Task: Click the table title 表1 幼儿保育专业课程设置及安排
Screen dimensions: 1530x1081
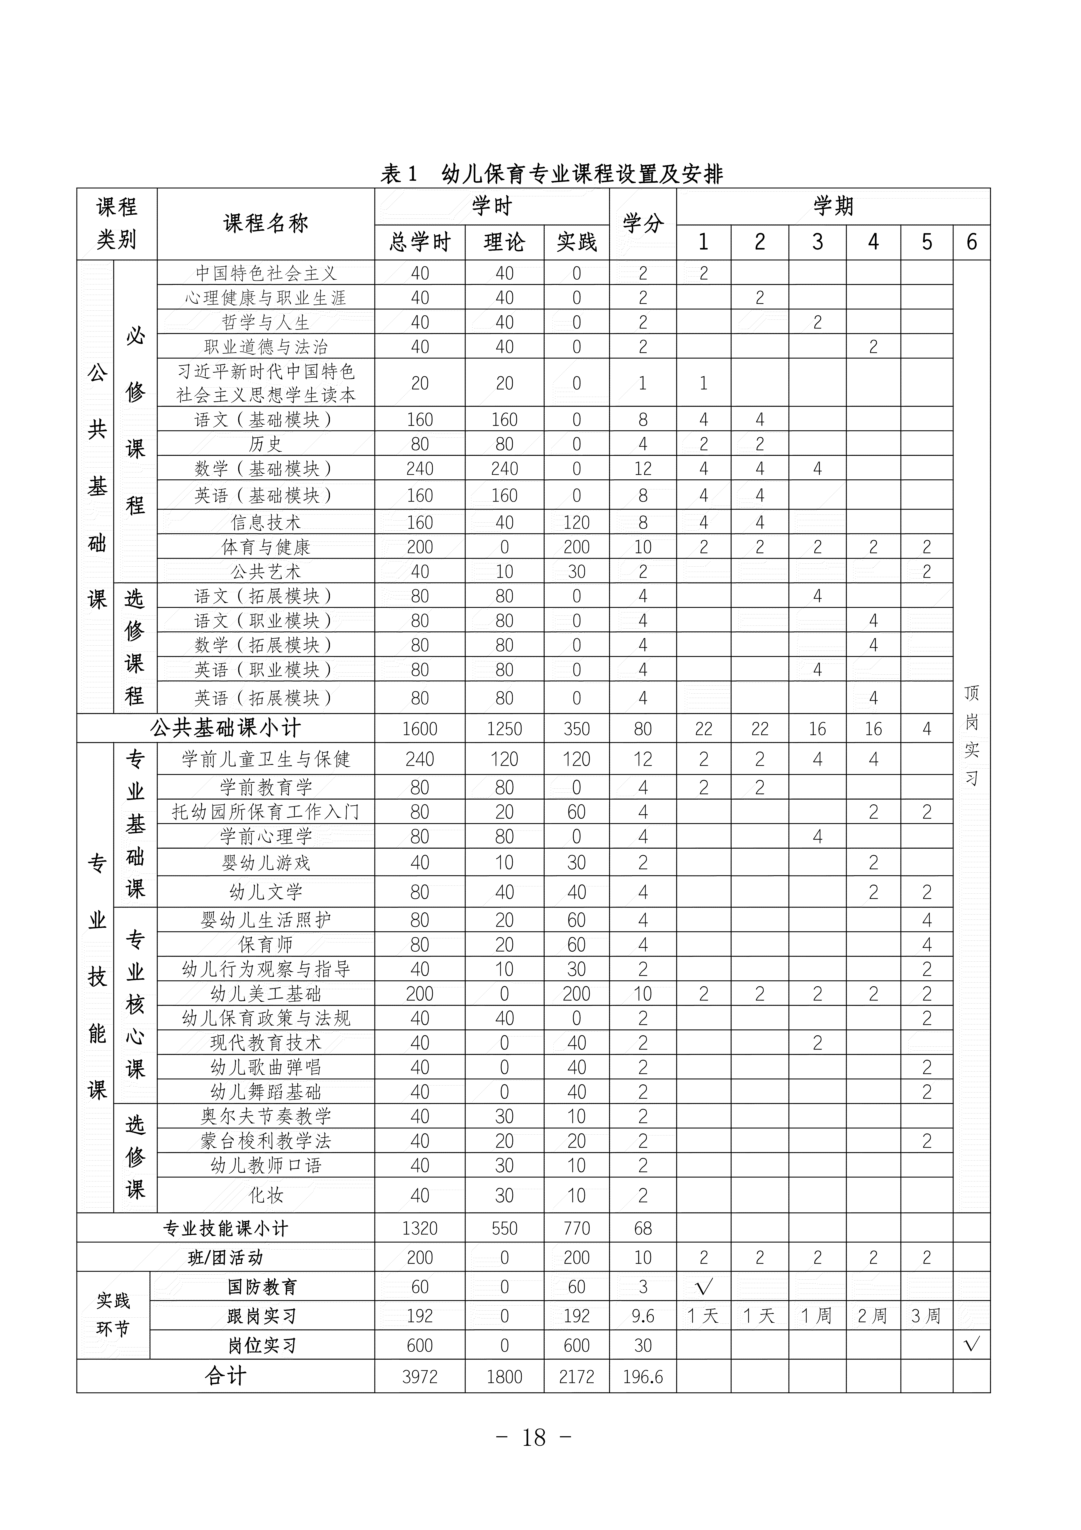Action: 551,174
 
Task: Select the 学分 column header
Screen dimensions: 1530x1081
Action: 643,224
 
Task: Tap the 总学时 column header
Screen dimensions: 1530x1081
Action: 420,242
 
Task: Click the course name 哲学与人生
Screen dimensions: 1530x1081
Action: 266,323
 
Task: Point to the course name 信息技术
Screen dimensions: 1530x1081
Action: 266,522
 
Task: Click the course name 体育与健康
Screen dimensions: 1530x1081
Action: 266,547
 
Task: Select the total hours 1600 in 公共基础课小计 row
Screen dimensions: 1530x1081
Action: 420,729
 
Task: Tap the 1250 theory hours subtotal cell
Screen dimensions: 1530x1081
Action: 504,729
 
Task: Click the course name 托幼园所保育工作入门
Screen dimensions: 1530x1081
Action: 266,812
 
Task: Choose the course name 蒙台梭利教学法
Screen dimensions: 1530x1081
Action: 266,1141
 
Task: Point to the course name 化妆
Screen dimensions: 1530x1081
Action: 266,1195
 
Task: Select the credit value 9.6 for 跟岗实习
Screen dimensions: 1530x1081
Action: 643,1316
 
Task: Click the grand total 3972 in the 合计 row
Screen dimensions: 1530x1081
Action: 420,1377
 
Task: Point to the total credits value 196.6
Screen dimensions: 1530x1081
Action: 643,1377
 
